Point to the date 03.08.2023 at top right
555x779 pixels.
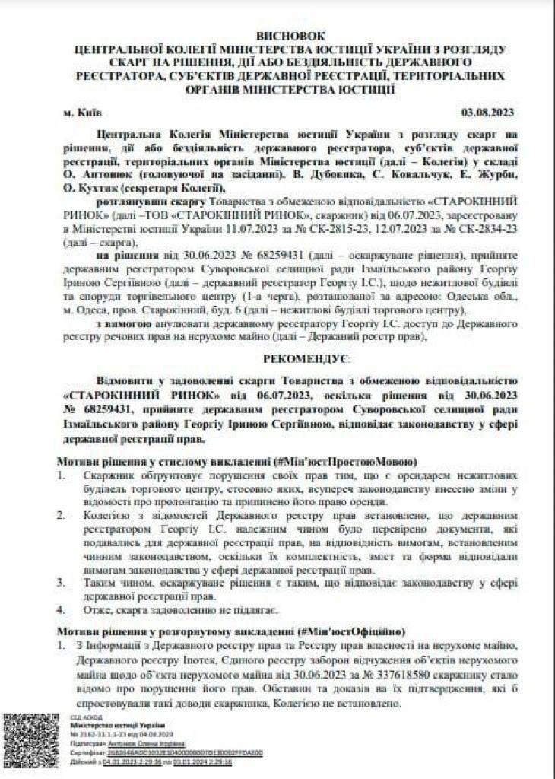488,112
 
